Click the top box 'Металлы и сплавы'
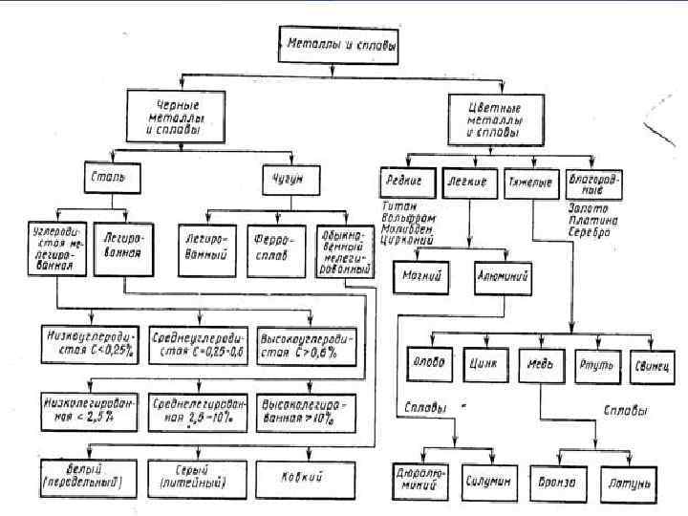point(336,44)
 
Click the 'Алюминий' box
point(502,278)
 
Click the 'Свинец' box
point(654,364)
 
